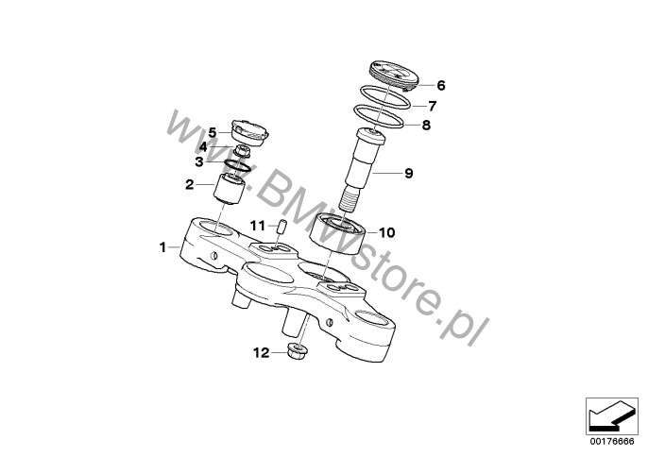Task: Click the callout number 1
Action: tap(162, 247)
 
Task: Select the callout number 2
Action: tap(190, 185)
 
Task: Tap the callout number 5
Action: tap(212, 133)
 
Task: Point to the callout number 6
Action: tap(441, 86)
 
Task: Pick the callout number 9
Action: tap(409, 173)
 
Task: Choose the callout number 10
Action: tap(387, 232)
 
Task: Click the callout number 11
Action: tap(258, 226)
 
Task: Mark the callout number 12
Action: tap(261, 353)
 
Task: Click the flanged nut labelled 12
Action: tap(297, 352)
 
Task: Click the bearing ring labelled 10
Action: tap(337, 233)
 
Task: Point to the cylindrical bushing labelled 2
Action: tap(230, 189)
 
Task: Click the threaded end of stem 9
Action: tap(350, 198)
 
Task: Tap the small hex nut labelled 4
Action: tap(242, 151)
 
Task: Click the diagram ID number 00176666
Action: tap(612, 442)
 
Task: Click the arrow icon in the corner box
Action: tap(611, 416)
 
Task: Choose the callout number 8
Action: tap(426, 125)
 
